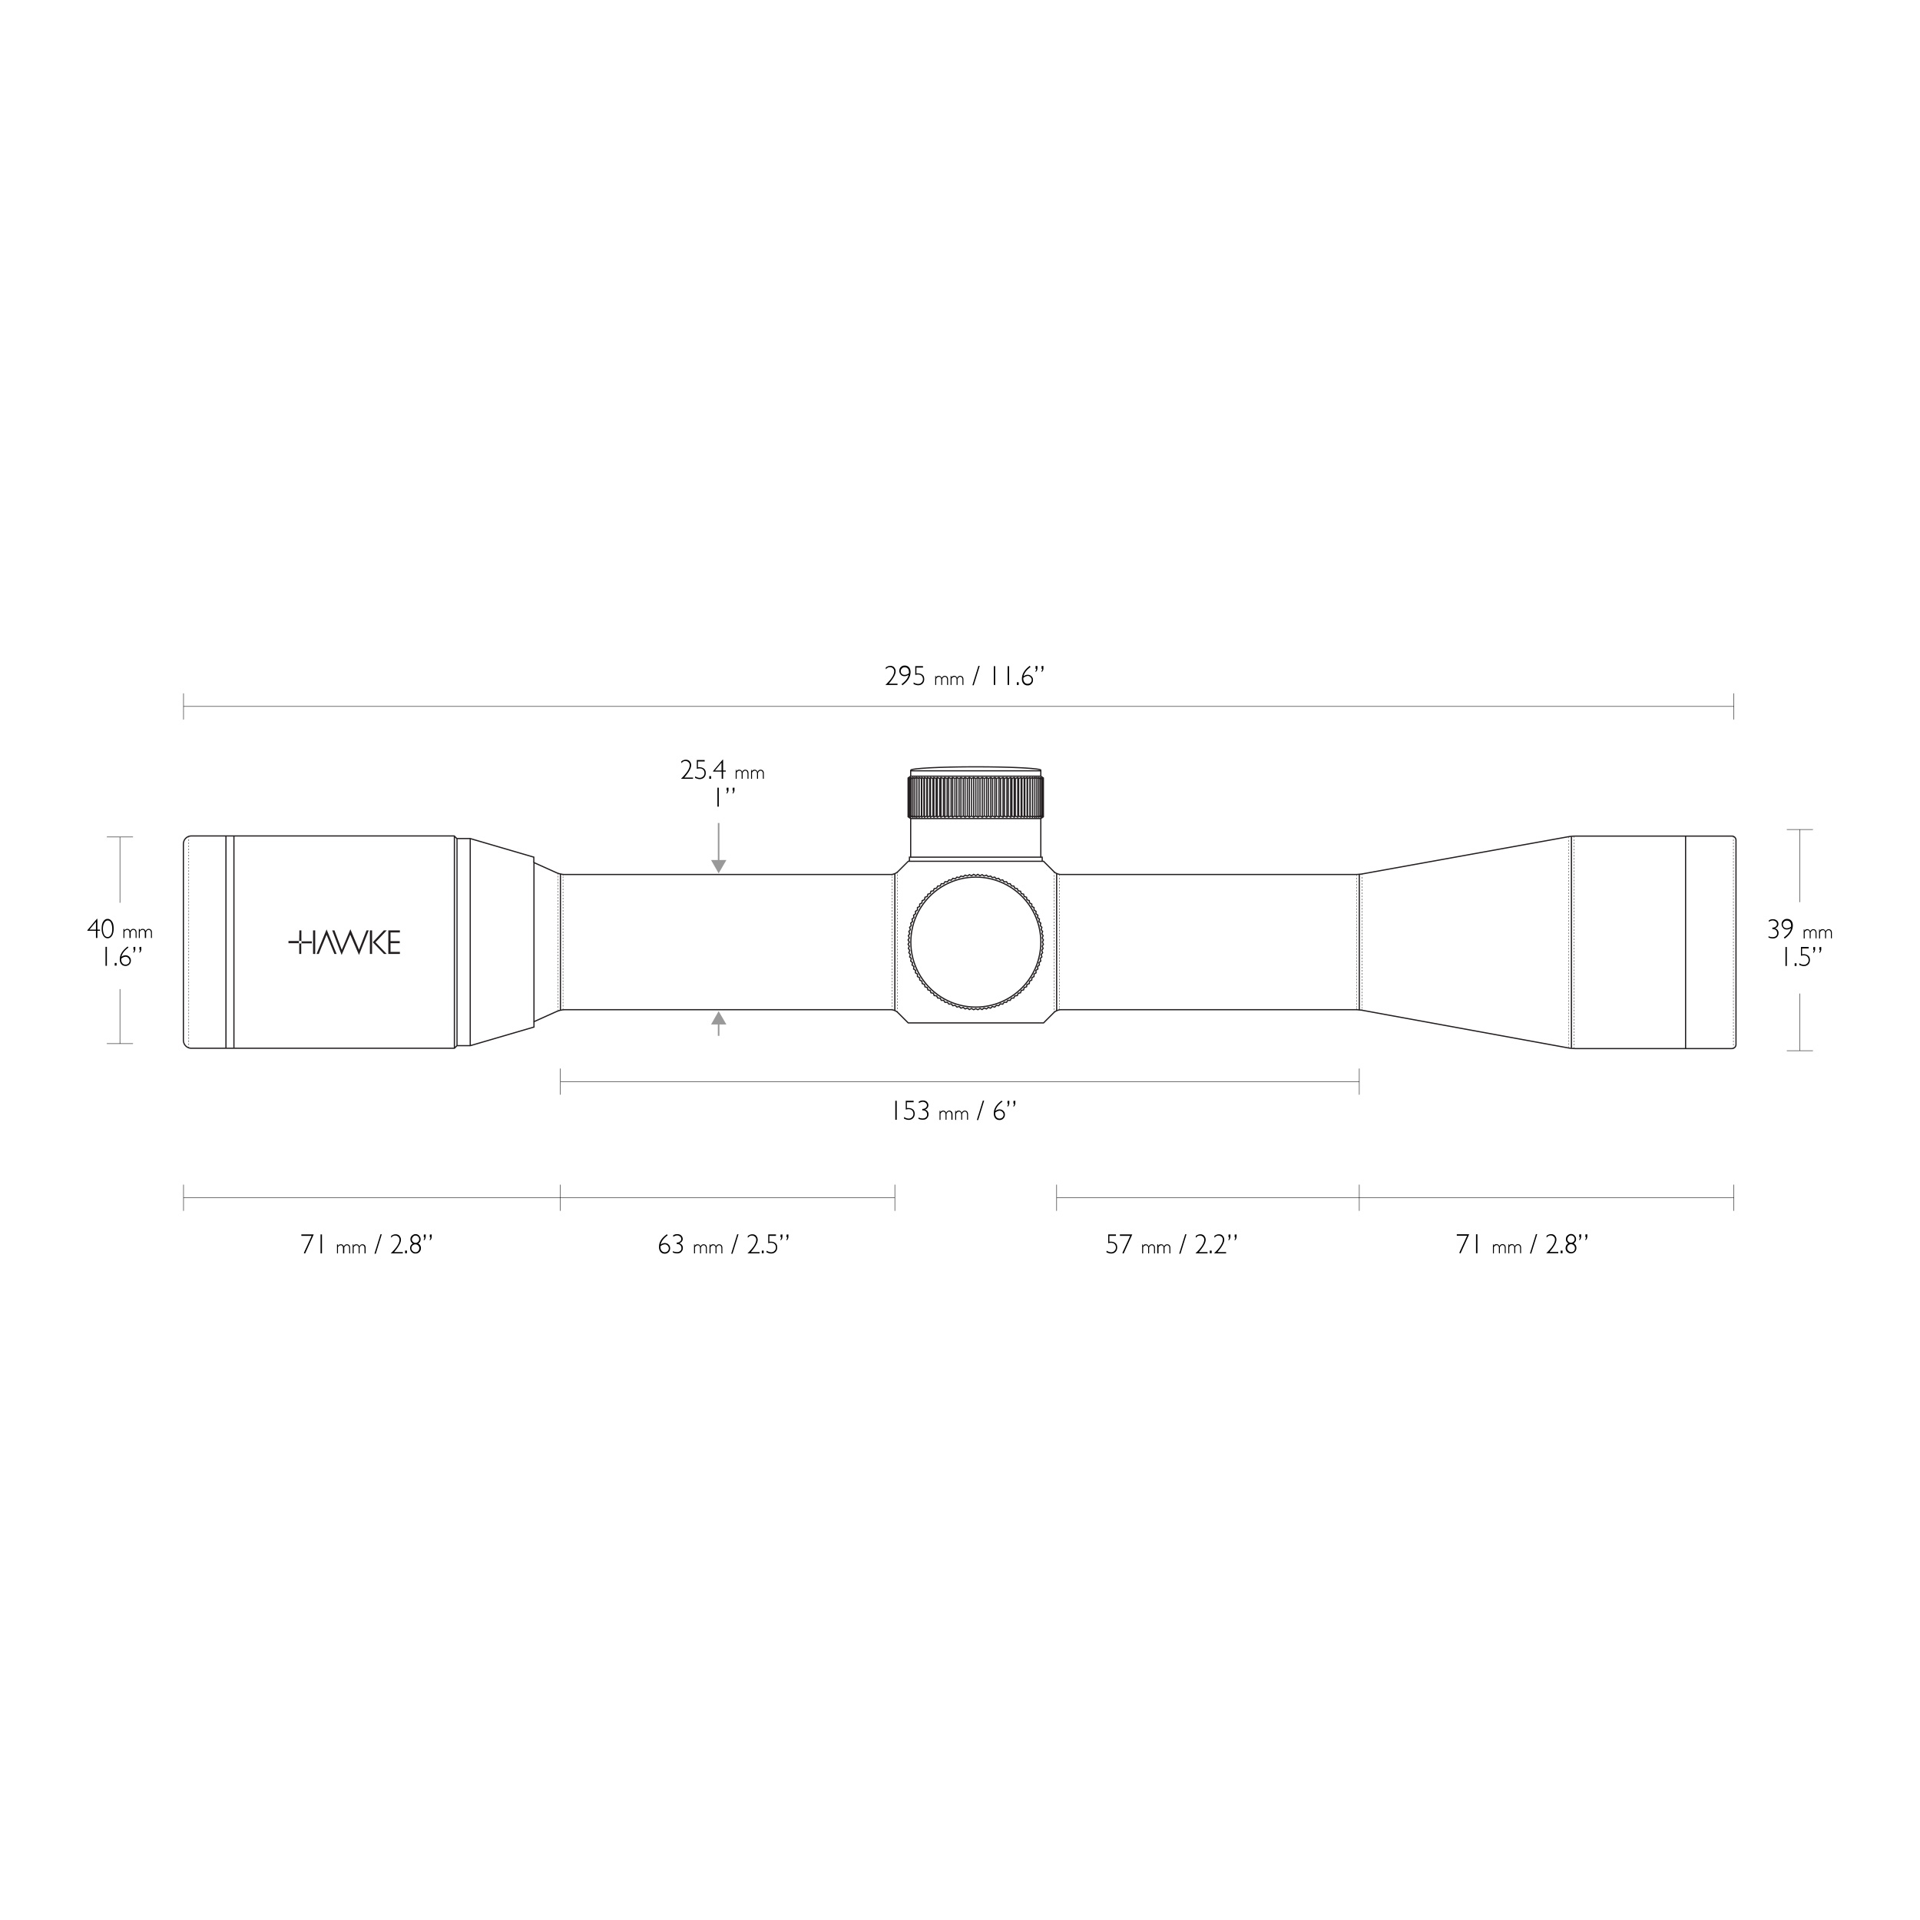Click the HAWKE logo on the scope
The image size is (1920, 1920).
(x=344, y=943)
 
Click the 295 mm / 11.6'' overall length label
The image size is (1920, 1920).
(x=964, y=678)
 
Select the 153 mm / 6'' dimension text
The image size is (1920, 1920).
(x=953, y=1111)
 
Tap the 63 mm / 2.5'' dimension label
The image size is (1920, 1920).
(x=723, y=1244)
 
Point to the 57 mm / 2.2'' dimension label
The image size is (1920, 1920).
(x=1172, y=1244)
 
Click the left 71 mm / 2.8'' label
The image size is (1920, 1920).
(x=366, y=1244)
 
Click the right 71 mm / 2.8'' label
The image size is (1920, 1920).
(x=1522, y=1244)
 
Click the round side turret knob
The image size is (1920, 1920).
(x=974, y=942)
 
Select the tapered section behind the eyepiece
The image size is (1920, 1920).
(x=502, y=942)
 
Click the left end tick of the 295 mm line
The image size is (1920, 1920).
(x=184, y=707)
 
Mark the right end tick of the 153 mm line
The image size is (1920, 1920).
(x=1359, y=1082)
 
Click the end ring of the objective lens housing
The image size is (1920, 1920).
(x=1710, y=942)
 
